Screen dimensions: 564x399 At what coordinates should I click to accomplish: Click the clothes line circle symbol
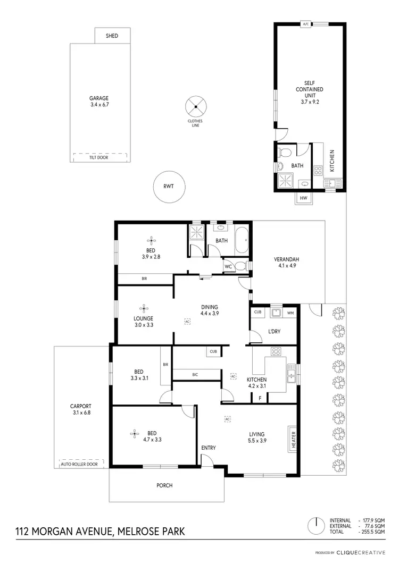tap(195, 106)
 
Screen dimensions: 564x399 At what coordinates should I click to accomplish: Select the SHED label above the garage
tap(112, 36)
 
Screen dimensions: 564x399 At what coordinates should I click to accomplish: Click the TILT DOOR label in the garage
tap(98, 157)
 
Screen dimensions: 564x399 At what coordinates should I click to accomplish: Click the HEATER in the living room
tap(293, 439)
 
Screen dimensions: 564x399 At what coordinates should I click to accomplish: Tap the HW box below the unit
tap(304, 198)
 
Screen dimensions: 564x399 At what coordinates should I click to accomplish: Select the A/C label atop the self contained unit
tap(305, 24)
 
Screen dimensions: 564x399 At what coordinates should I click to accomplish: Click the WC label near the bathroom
tap(228, 266)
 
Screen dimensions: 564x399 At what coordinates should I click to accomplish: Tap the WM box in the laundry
tap(290, 312)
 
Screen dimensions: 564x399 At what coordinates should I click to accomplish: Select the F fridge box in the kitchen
tap(260, 398)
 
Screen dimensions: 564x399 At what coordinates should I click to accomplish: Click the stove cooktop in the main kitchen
tap(276, 352)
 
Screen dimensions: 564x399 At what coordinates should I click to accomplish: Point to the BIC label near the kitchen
tap(195, 375)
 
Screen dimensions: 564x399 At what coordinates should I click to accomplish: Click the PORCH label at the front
tap(164, 485)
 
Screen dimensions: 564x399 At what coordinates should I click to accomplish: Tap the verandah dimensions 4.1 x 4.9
tap(285, 266)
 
